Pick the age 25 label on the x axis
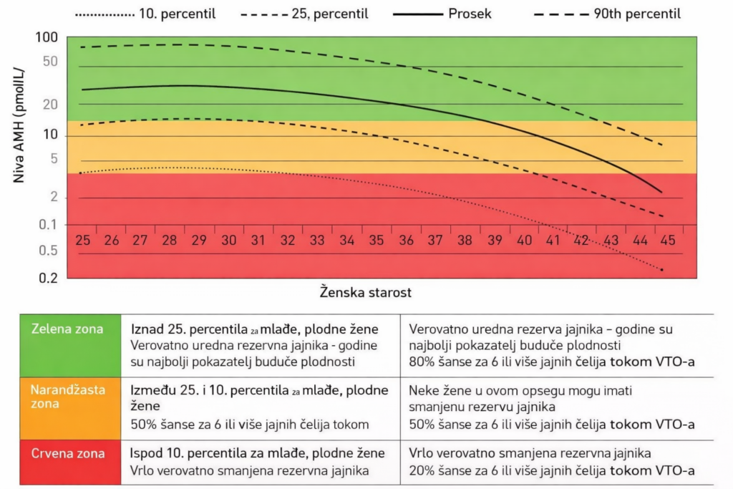[83, 240]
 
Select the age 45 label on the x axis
[667, 240]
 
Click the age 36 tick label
[406, 240]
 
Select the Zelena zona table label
[67, 329]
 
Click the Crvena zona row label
[67, 453]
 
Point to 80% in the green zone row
[422, 362]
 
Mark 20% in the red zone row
[422, 471]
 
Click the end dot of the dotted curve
[661, 270]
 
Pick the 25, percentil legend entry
[324, 13]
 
